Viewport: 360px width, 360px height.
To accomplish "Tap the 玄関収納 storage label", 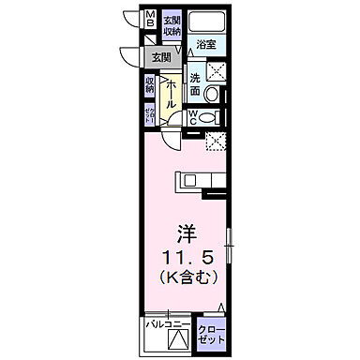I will (172, 25).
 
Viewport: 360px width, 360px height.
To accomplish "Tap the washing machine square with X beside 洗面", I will (217, 72).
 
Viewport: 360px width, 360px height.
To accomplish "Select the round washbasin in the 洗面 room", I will (211, 96).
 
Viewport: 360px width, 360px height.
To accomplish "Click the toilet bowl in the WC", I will (215, 117).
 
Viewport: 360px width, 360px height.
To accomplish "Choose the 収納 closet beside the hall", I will (150, 84).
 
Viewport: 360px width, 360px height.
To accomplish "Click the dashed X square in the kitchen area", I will (216, 142).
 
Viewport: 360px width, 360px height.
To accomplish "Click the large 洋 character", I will (186, 231).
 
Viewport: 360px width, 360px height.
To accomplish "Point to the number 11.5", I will (187, 255).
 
